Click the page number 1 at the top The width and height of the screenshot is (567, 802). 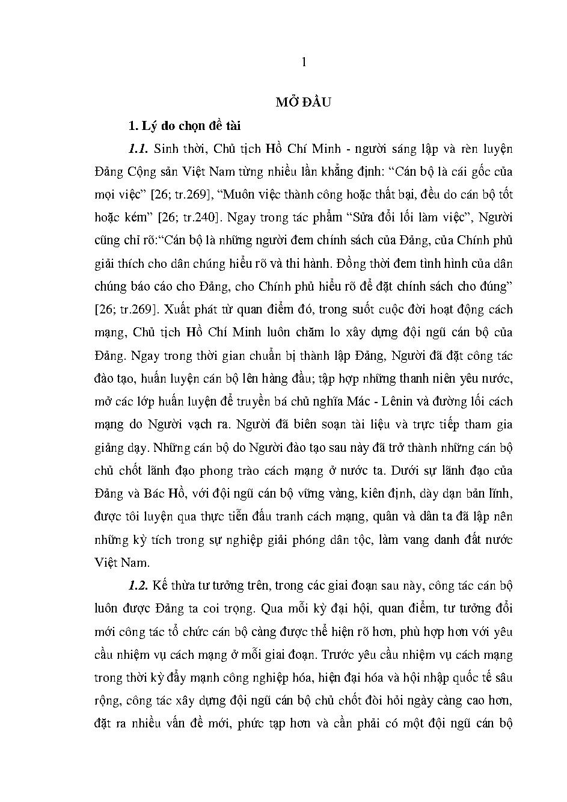pos(304,62)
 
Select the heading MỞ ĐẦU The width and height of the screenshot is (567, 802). pos(304,102)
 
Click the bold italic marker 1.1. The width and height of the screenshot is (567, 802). pos(138,149)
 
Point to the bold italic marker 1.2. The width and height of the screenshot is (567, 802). pos(139,585)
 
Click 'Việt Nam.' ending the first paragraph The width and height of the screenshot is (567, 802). pos(121,563)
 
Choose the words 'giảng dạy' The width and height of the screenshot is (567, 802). pos(120,448)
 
